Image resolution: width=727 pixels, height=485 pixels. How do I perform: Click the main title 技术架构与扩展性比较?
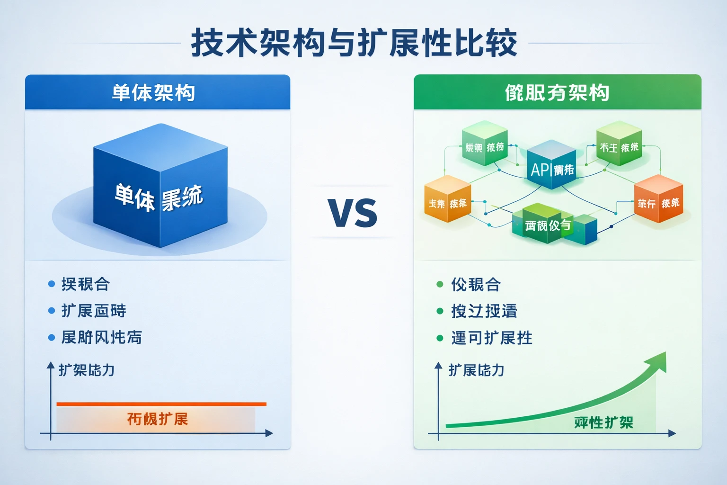tap(354, 43)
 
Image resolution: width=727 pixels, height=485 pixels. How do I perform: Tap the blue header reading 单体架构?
tap(153, 92)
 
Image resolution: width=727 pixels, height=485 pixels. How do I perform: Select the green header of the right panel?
tap(557, 92)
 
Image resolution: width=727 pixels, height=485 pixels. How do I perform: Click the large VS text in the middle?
tap(353, 213)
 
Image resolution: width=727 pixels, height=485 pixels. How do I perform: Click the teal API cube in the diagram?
tap(551, 166)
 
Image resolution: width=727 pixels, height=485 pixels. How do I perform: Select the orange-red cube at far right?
tap(658, 199)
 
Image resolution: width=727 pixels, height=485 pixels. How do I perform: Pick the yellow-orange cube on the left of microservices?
tap(447, 199)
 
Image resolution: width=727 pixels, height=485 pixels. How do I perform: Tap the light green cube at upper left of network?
tap(484, 144)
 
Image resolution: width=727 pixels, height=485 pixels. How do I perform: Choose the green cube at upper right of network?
tap(619, 144)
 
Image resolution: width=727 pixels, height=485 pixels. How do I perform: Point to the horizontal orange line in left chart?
tap(161, 404)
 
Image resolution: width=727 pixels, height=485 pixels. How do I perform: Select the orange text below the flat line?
tap(158, 419)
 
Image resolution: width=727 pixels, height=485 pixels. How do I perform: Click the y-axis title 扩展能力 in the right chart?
tap(476, 370)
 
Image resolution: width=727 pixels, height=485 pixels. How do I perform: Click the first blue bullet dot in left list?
tap(52, 284)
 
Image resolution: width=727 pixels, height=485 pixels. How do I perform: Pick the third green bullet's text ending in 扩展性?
tap(492, 338)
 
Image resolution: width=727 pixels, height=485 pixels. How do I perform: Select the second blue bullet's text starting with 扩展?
tap(94, 311)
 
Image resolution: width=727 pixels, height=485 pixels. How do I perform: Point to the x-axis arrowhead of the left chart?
tap(269, 433)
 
